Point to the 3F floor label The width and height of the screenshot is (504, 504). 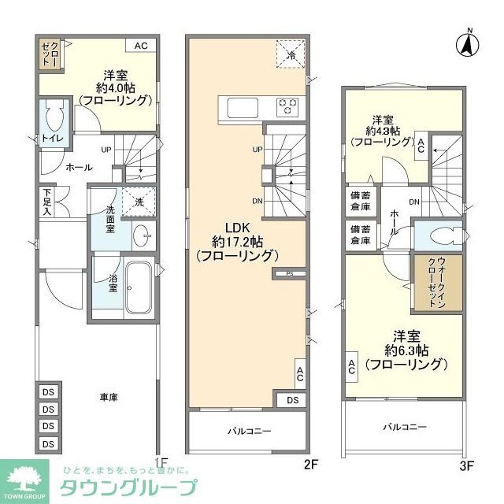(466, 465)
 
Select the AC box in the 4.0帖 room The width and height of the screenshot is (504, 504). (140, 46)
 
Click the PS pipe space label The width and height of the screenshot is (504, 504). (289, 274)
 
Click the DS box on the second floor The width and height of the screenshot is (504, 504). (292, 400)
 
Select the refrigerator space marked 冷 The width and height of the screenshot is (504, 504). (289, 54)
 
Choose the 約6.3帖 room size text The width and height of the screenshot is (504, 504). (406, 349)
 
